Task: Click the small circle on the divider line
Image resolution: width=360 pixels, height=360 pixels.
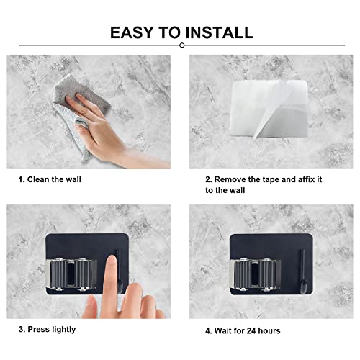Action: (182, 45)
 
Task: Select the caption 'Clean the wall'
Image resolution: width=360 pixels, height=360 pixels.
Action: (54, 179)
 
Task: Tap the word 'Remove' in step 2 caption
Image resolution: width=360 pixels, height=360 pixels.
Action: (230, 179)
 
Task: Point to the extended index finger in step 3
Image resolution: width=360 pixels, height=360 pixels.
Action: (111, 283)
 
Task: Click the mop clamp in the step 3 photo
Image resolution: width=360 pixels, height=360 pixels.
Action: (71, 274)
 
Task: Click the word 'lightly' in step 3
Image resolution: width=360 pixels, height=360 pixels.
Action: (63, 330)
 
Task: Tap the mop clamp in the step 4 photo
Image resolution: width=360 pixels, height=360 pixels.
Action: (255, 274)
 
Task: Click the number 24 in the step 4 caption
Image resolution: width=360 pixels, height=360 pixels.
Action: (251, 331)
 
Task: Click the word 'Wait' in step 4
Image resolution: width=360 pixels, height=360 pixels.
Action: (223, 331)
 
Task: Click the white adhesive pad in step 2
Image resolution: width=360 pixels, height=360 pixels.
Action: (269, 109)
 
